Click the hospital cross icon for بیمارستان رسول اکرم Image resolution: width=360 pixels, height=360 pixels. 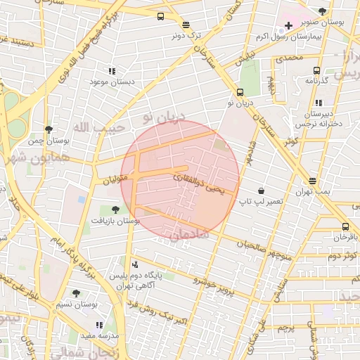point(288,26)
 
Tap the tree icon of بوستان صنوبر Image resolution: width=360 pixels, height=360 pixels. point(322,11)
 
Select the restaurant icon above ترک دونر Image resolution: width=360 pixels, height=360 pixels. point(186,24)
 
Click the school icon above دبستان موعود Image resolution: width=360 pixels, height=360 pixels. point(111,71)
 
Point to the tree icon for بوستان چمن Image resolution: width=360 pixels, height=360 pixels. point(48,129)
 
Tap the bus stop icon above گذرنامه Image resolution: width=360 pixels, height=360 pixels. point(316,70)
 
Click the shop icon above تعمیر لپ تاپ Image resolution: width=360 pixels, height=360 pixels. point(261,191)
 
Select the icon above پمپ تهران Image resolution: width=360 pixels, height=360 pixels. point(312,181)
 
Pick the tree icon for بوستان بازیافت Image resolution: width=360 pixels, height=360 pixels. point(115,209)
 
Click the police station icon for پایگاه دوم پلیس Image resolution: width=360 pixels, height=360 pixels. point(135,265)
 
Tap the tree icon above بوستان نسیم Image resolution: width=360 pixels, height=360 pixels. point(76,293)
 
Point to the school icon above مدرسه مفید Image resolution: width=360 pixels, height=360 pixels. point(98,325)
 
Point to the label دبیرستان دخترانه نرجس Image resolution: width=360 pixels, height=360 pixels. point(319,119)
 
